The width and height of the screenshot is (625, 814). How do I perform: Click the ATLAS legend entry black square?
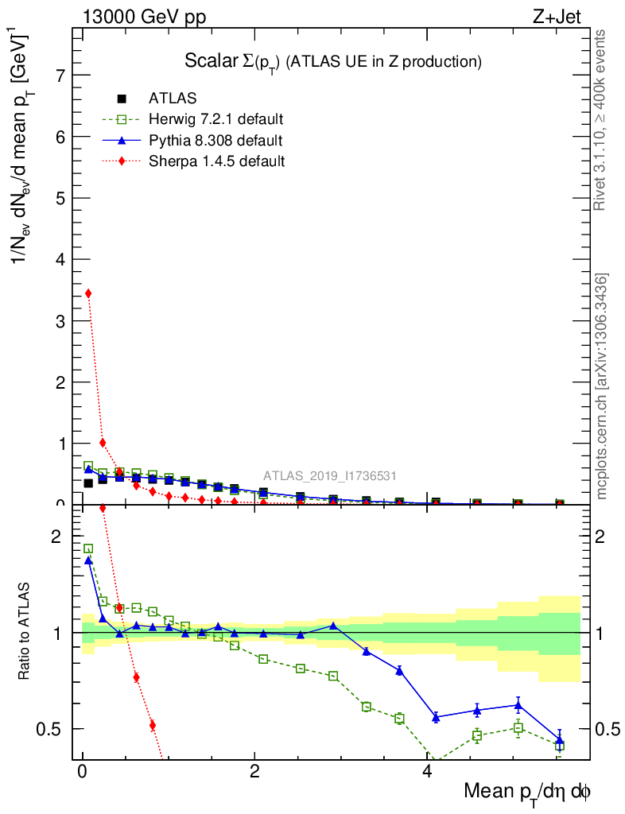tap(122, 99)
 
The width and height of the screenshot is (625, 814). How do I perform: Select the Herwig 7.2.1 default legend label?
tap(216, 119)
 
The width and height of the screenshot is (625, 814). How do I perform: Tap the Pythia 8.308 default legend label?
tap(215, 141)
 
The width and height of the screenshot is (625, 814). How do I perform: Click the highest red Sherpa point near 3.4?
tap(88, 293)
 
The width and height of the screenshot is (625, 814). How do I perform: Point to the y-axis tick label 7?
tap(59, 76)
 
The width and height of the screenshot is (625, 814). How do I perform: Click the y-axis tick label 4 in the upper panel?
tap(59, 259)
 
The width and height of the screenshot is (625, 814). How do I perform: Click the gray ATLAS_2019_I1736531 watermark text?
tap(329, 476)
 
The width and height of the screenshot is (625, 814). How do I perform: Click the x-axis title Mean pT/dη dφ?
tap(527, 793)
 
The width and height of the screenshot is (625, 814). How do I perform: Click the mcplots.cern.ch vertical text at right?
tap(602, 386)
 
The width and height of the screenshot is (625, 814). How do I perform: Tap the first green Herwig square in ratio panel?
tap(88, 548)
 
